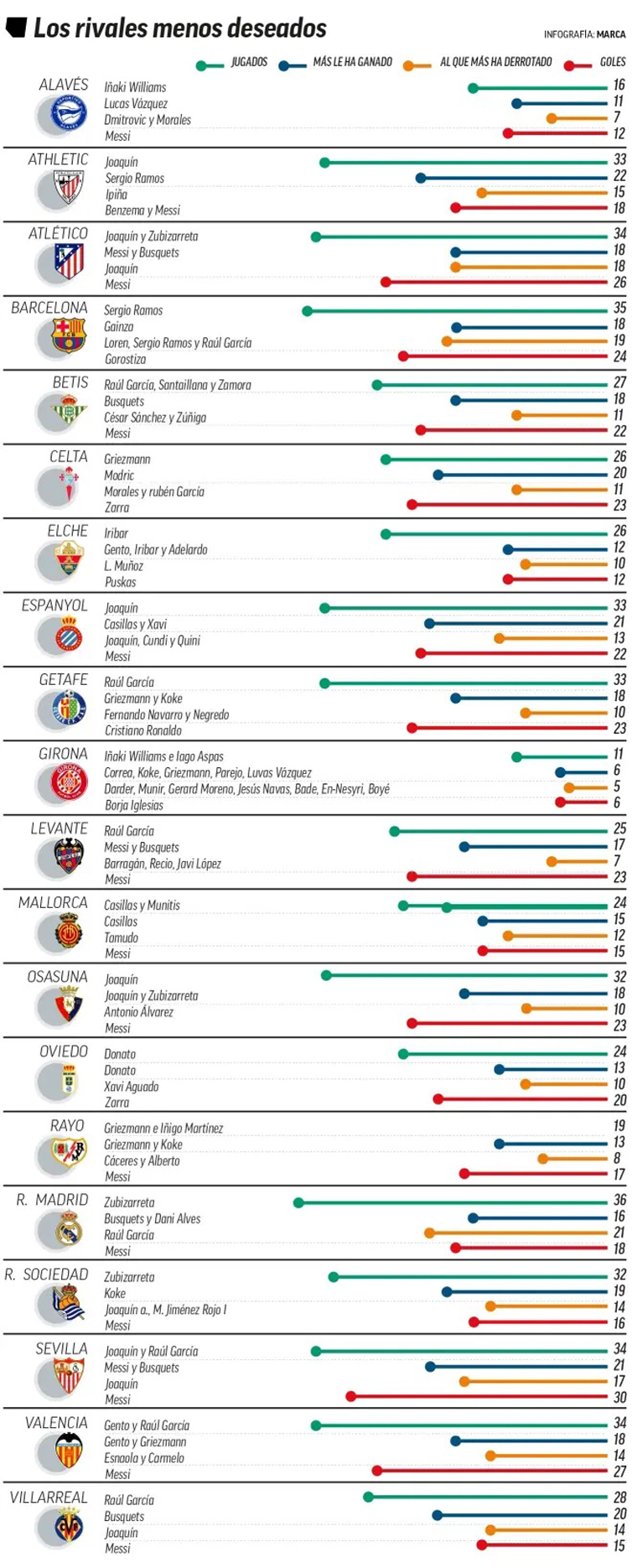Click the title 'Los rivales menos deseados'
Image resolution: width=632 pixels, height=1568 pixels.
[179, 29]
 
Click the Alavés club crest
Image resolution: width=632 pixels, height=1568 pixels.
[68, 114]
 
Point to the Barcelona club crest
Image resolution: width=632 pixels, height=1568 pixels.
[68, 337]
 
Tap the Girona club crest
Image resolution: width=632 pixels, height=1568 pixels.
[68, 783]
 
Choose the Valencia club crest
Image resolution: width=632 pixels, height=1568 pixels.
[68, 1451]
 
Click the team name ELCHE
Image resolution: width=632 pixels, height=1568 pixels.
[67, 531]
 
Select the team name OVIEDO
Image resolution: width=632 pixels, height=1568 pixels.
[64, 1051]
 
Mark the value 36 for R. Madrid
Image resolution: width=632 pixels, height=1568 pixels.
[619, 1200]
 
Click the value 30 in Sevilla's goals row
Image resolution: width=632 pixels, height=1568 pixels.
[619, 1398]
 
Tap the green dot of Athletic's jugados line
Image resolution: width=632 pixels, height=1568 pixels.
[324, 163]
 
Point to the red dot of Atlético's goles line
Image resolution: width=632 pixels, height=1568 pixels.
[386, 282]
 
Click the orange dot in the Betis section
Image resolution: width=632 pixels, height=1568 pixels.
[516, 415]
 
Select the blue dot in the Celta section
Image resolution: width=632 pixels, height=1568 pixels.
[438, 475]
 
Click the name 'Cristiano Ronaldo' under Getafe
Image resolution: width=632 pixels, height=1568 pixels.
[142, 730]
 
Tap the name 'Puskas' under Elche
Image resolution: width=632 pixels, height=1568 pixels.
[120, 582]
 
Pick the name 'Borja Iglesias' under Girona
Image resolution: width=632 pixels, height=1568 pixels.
[133, 805]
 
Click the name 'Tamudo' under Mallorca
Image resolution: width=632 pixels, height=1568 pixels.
[121, 937]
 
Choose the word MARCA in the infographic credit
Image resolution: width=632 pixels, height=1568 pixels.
[611, 34]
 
